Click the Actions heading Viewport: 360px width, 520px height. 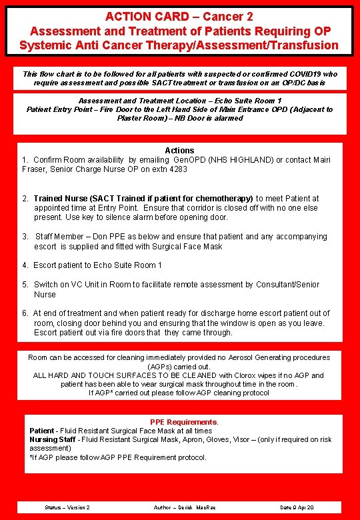[x=179, y=151]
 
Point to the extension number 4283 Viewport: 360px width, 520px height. [x=177, y=169]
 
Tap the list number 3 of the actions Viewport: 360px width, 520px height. [x=25, y=237]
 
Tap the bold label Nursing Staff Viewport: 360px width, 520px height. [x=53, y=440]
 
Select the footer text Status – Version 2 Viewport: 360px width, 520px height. [x=67, y=508]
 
